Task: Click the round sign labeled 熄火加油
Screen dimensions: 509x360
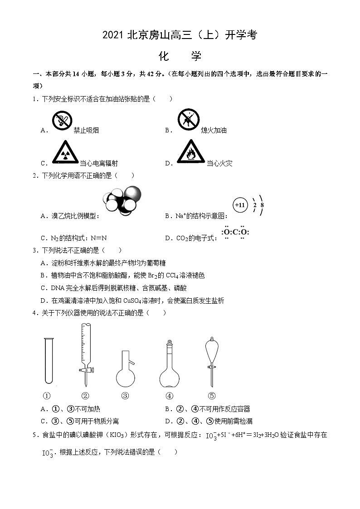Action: point(189,120)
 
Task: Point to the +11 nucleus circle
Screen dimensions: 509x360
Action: point(240,205)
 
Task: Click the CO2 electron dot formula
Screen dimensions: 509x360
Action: point(235,233)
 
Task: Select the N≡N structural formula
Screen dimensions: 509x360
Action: point(98,238)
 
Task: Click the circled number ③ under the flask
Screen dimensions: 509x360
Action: point(125,395)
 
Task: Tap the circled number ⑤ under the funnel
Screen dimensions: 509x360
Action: point(211,395)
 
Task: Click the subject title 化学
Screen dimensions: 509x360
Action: point(180,56)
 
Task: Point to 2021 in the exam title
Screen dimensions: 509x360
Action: point(113,35)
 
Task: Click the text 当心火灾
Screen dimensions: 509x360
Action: point(219,164)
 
